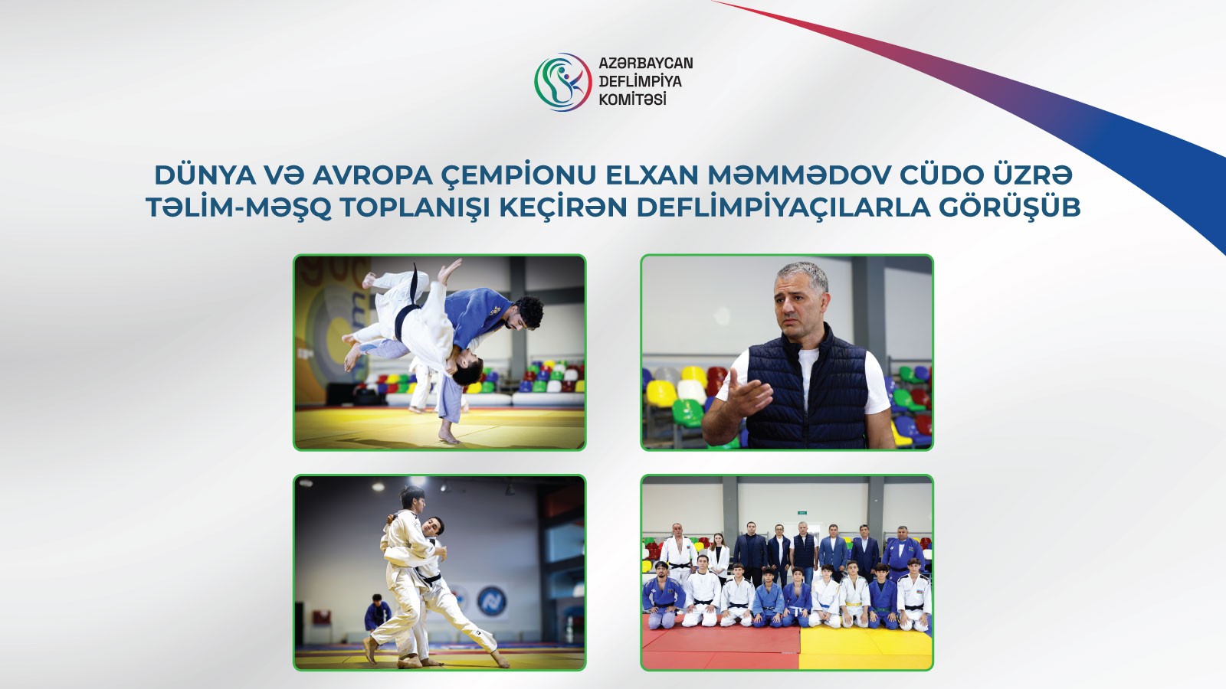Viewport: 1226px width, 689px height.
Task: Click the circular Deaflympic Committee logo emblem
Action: point(562,82)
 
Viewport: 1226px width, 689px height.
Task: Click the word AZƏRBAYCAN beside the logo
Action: point(645,64)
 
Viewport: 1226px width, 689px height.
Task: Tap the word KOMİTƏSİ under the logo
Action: point(632,100)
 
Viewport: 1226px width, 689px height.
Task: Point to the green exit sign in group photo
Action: point(801,511)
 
